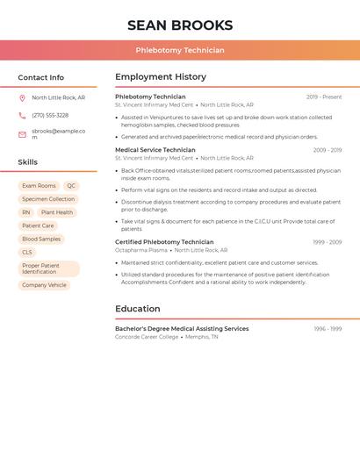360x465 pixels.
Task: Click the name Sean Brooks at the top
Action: coord(180,25)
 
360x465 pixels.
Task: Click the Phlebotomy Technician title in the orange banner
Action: coord(180,51)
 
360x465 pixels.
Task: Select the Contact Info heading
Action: coord(41,77)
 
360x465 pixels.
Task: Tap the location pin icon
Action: coord(22,98)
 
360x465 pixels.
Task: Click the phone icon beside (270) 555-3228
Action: coord(22,116)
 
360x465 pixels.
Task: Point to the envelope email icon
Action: coord(22,134)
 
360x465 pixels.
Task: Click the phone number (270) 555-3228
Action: coord(50,116)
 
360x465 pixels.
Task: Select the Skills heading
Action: coord(28,162)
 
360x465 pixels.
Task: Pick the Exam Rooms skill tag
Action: coord(39,186)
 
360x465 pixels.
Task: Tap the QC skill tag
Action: coord(71,186)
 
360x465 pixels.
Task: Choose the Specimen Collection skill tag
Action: coord(48,199)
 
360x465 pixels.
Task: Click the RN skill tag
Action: coord(26,212)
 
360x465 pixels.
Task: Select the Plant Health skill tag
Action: coord(57,212)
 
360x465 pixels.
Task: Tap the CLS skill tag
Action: coord(27,252)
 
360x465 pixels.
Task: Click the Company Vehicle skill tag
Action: coord(44,285)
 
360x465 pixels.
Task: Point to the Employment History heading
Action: coord(161,77)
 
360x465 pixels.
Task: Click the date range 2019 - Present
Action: coord(324,97)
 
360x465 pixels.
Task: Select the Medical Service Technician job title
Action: coord(155,150)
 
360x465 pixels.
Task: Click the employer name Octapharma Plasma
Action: coord(140,250)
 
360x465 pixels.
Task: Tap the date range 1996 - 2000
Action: coord(328,329)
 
